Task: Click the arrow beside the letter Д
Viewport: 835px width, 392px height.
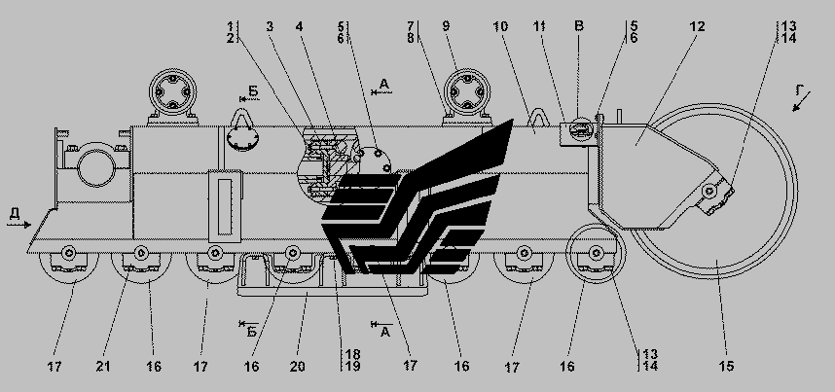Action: pos(19,222)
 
